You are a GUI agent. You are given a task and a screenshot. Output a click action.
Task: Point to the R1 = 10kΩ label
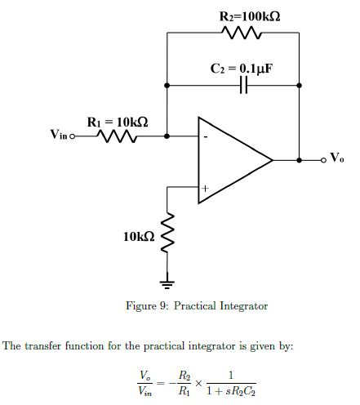coord(118,122)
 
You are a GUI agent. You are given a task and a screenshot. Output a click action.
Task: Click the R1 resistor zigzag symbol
coord(116,137)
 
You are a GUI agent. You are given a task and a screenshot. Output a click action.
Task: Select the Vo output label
coord(337,157)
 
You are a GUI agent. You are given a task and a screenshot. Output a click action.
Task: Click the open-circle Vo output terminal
coord(323,159)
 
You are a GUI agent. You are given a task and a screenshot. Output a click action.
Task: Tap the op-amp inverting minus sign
coord(206,137)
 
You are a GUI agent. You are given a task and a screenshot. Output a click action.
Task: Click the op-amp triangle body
coord(229,160)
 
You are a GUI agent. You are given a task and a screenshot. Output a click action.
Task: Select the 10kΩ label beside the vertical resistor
coord(138,236)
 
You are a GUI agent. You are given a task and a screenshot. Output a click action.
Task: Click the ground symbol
coord(168,283)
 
